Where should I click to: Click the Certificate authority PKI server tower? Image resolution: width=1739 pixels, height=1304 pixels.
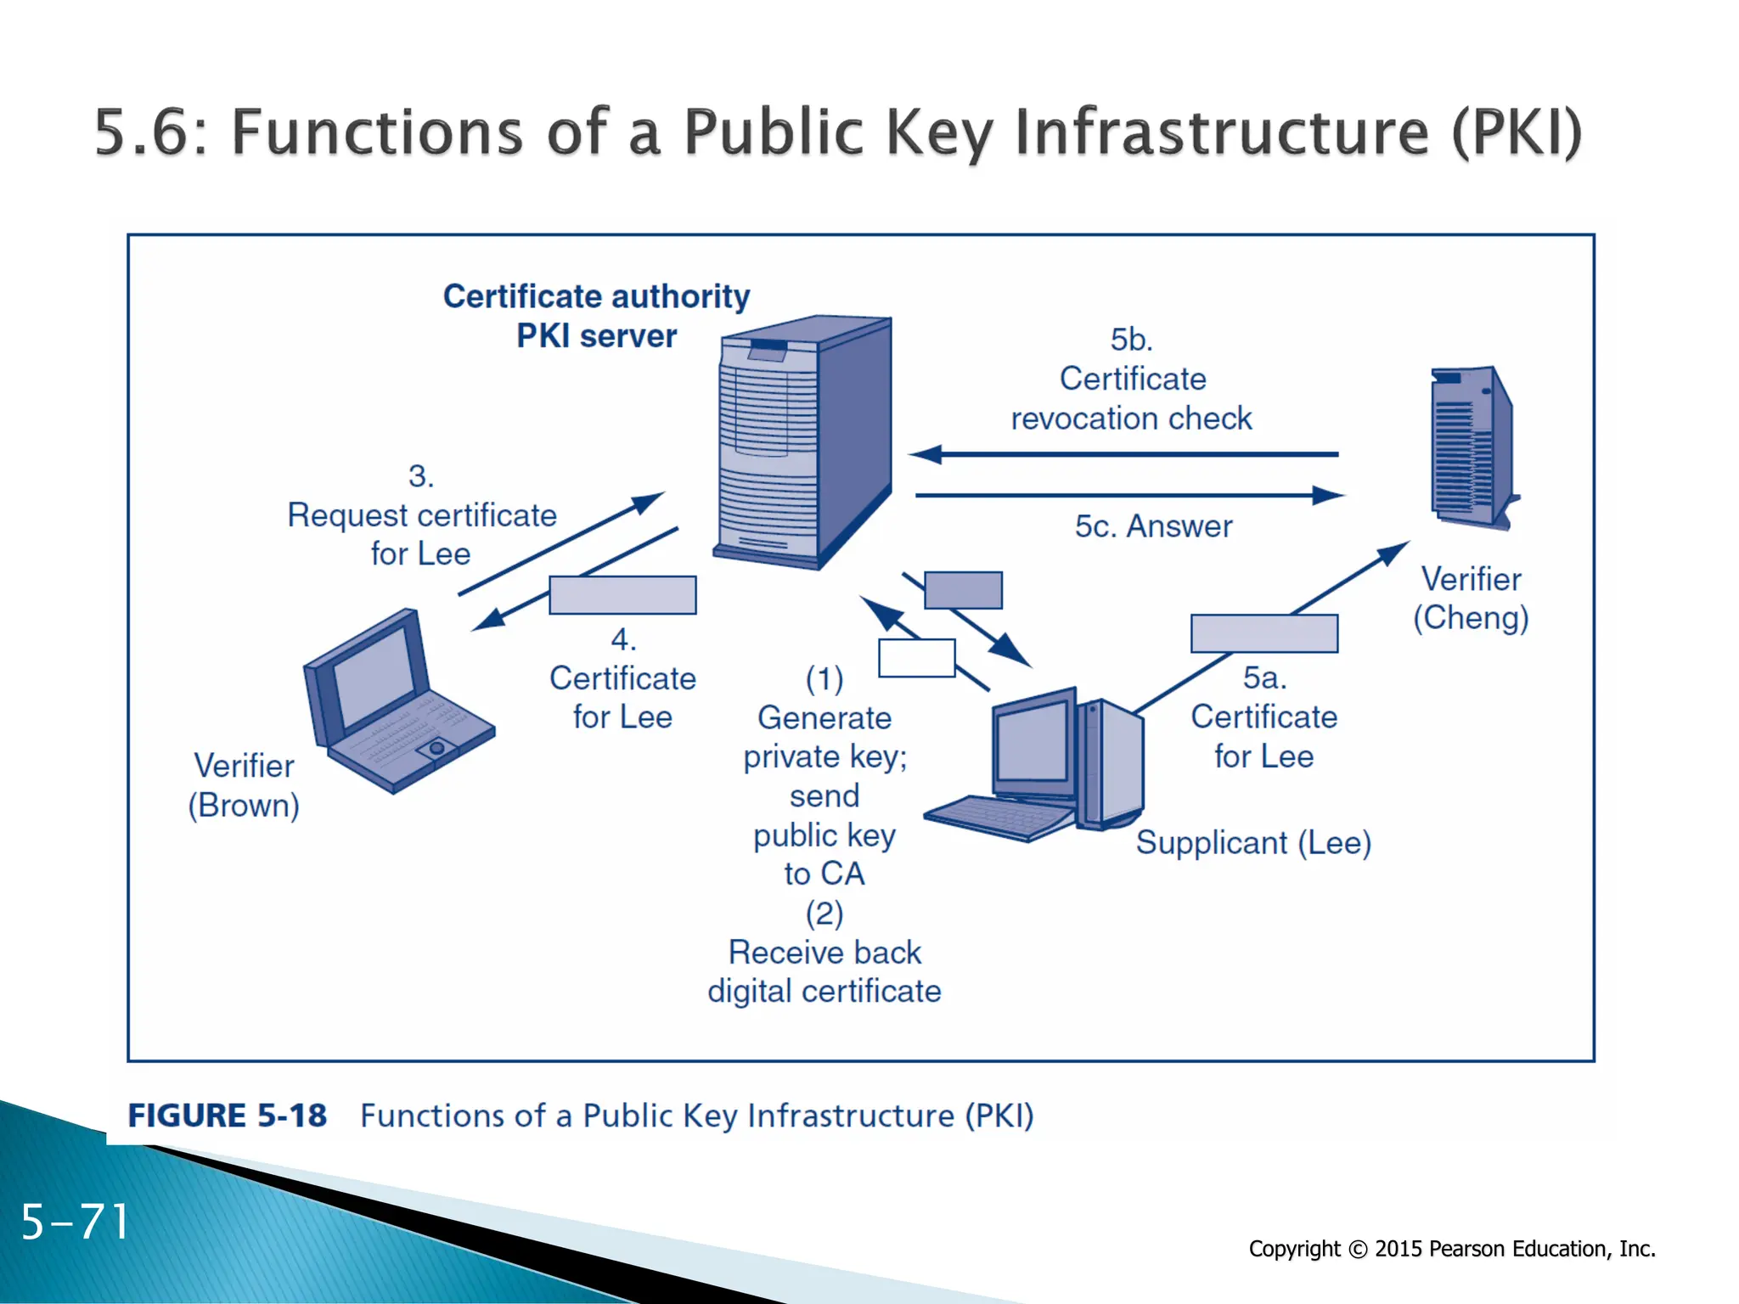[802, 441]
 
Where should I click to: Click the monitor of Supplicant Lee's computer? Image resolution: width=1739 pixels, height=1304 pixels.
[1033, 744]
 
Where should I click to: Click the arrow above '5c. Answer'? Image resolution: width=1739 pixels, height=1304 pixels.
[1129, 495]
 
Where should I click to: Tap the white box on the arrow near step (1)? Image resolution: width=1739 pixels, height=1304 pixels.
[916, 658]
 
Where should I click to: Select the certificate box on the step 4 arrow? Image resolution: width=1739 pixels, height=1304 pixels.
[622, 595]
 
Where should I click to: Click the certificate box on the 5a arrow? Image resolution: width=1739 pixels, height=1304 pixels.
[1263, 633]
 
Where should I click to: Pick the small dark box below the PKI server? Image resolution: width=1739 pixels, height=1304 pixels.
[963, 590]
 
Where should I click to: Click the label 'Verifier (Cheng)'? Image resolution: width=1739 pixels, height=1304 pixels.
[1471, 599]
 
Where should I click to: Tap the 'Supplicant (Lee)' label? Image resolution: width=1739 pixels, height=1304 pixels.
[1253, 843]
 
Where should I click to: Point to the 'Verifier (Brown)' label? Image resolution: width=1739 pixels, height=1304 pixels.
[245, 785]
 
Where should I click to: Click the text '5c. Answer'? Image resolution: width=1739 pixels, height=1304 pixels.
[1153, 526]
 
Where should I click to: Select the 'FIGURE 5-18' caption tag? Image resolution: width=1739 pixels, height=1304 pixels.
[228, 1116]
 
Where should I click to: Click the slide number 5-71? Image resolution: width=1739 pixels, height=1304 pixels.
[75, 1222]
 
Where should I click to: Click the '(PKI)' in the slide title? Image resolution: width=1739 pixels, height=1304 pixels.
[1516, 132]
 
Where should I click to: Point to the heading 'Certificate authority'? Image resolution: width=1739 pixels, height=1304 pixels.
[596, 296]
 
